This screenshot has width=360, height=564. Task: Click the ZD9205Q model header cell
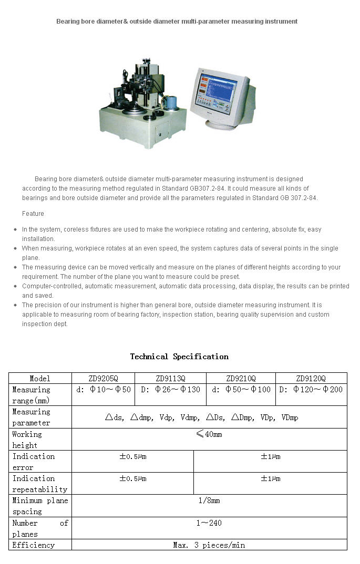coord(103,378)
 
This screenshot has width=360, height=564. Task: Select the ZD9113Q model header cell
coord(170,378)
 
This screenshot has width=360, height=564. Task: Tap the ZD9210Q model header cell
coord(241,378)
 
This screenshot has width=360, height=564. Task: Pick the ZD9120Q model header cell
coord(311,378)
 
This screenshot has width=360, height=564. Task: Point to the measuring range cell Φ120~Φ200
coord(311,390)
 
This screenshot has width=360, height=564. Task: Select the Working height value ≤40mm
coord(209,434)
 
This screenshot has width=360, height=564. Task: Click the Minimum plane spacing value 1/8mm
coord(209,500)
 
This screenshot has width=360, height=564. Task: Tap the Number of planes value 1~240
coord(209,523)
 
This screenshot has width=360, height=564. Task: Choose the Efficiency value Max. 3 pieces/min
coord(209,545)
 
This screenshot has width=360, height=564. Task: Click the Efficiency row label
coord(34,545)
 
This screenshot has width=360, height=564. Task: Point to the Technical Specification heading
coord(179,357)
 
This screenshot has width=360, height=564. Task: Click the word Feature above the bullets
coord(33,214)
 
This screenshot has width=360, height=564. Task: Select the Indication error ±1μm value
coord(270,456)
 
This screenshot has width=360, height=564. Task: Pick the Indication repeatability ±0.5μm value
coord(132,478)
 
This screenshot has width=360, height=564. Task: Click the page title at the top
coord(177,22)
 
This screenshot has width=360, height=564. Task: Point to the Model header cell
coord(40,378)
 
